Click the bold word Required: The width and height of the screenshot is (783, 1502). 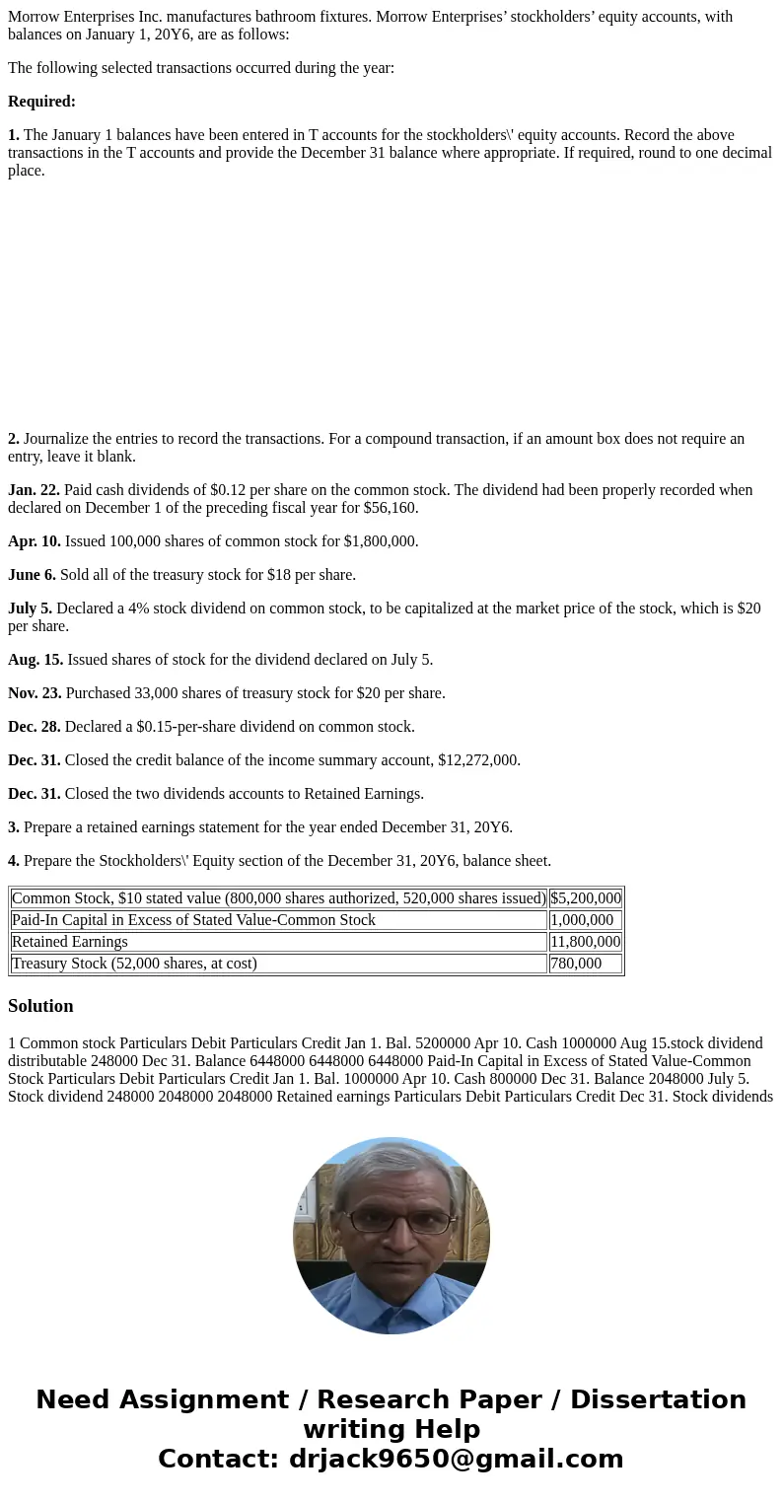click(41, 102)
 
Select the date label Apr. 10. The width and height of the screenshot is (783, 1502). click(35, 541)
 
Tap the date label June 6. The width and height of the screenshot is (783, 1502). click(32, 575)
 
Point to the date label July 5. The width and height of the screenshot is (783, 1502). click(30, 608)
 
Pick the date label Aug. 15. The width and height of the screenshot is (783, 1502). click(36, 660)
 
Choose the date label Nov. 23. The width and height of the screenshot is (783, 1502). click(35, 693)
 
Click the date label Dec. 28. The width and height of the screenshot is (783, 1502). click(35, 727)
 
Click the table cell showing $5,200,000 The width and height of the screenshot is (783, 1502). click(586, 898)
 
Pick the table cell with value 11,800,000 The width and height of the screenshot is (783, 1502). click(586, 942)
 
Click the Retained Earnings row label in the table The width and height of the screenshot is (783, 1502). click(70, 942)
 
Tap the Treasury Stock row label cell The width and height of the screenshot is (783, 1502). click(134, 964)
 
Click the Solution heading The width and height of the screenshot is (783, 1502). click(40, 1006)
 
